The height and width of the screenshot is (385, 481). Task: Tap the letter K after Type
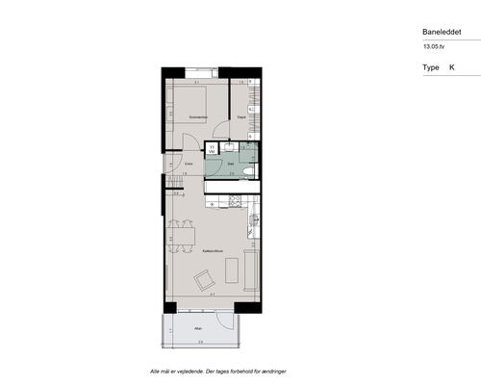click(x=453, y=68)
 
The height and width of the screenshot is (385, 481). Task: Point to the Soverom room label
click(x=199, y=116)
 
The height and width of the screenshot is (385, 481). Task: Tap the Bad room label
click(x=232, y=165)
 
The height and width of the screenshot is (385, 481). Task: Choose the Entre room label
click(x=190, y=165)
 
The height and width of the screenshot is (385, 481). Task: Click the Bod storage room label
click(x=242, y=117)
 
